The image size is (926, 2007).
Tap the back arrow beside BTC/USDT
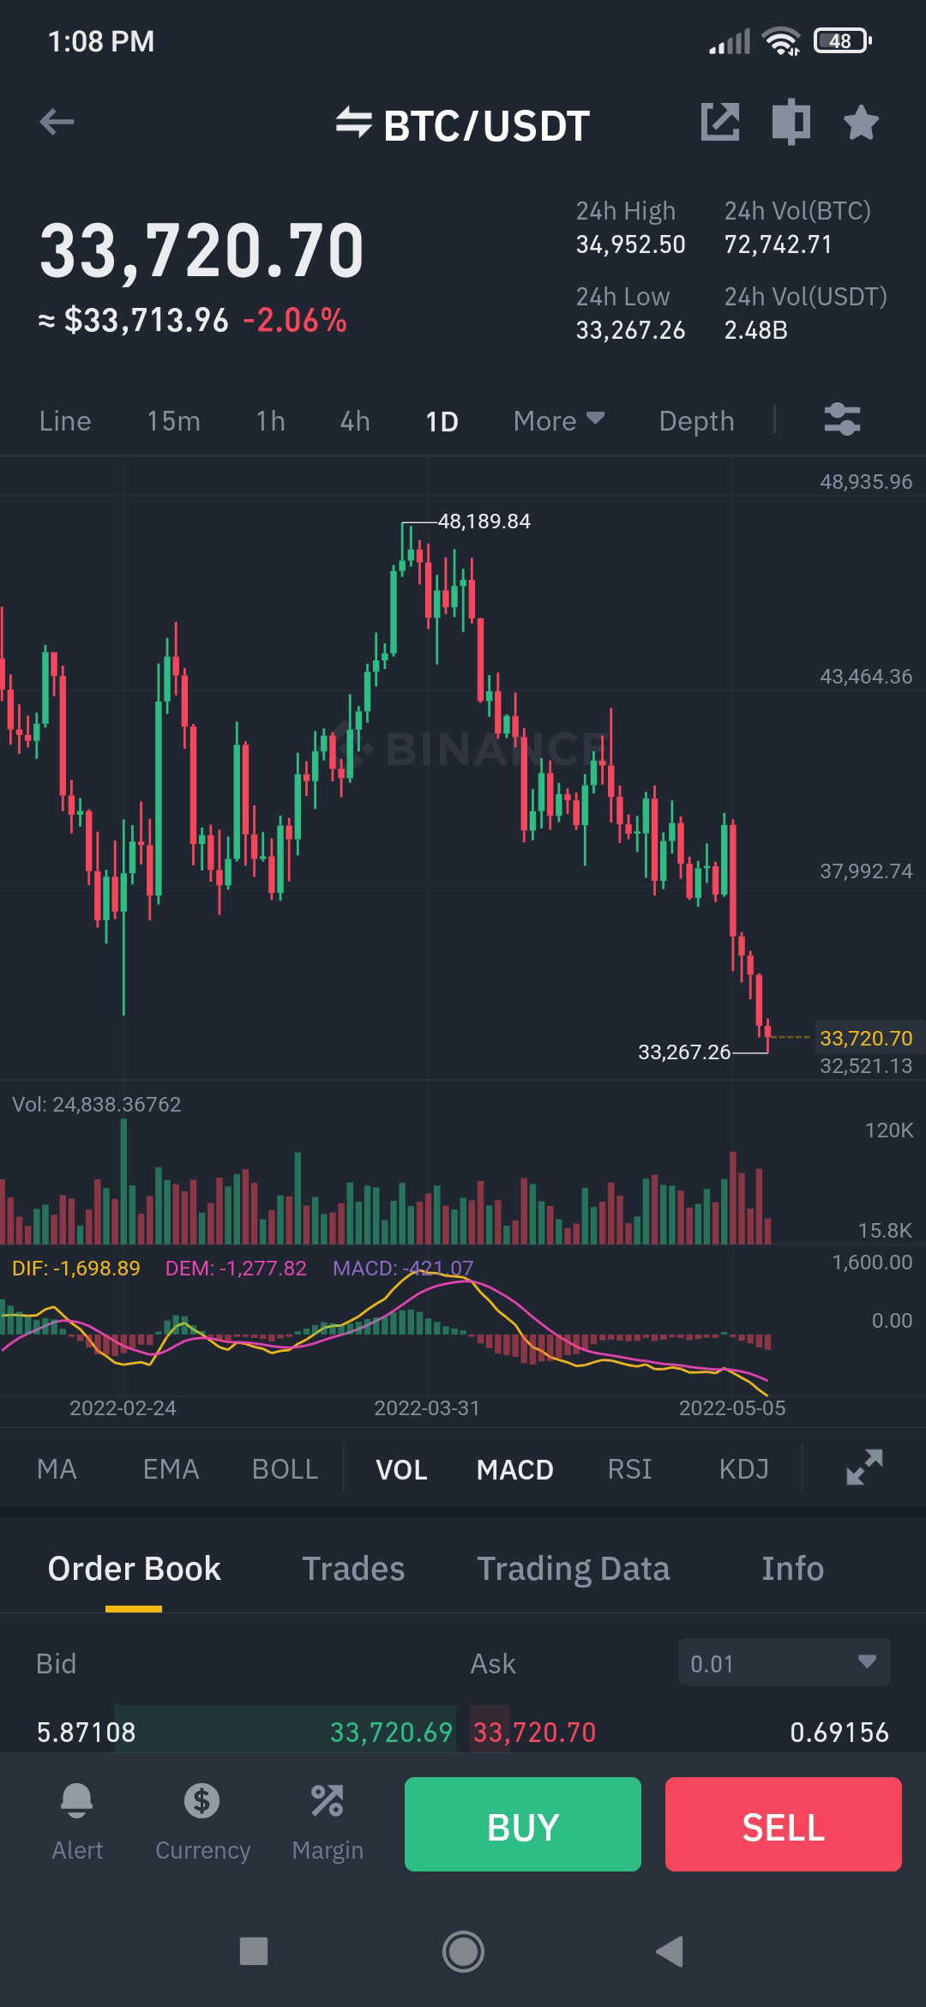coord(57,122)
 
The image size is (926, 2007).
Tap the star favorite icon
coord(861,123)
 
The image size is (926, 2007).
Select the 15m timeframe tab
coord(173,421)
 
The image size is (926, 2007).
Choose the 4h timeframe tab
coord(355,421)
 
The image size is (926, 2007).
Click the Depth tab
coord(696,421)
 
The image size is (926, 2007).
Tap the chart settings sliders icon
coord(842,420)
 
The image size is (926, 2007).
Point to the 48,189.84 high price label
coord(484,521)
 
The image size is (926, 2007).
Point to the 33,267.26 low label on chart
coord(684,1052)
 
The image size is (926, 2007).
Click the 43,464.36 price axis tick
coord(866,677)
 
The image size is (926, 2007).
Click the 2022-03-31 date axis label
coord(427,1408)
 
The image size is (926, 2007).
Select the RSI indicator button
coord(629,1469)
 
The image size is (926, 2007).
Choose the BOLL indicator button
coord(285,1469)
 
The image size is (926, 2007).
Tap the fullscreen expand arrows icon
coord(864,1468)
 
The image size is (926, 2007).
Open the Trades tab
coord(353,1569)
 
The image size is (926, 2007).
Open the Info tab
coord(792,1569)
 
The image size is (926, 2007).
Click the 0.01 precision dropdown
coord(784,1663)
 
